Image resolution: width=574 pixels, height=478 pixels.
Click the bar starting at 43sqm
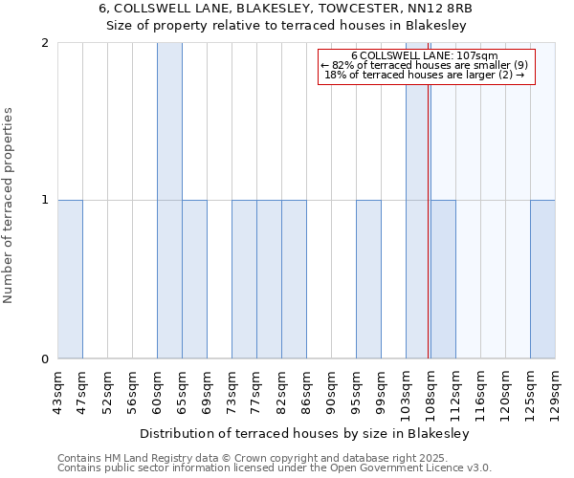pyautogui.click(x=70, y=279)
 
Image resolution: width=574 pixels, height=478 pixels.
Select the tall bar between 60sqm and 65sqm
pyautogui.click(x=169, y=201)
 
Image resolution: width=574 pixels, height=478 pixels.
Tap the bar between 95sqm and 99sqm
pyautogui.click(x=368, y=279)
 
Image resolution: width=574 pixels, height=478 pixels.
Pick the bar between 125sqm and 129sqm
pyautogui.click(x=542, y=279)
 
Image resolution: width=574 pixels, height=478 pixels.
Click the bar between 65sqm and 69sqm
pyautogui.click(x=194, y=279)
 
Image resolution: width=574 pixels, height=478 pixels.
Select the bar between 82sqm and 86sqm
pyautogui.click(x=294, y=279)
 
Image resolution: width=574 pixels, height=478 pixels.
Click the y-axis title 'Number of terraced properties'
pyautogui.click(x=9, y=206)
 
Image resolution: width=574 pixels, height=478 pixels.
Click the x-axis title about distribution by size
pyautogui.click(x=306, y=433)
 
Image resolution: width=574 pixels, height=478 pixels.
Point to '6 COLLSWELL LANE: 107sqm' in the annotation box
pyautogui.click(x=424, y=56)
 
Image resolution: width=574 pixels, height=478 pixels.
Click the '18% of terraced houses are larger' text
pyautogui.click(x=424, y=75)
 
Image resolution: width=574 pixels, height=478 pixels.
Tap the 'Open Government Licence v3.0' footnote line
pyautogui.click(x=275, y=468)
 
